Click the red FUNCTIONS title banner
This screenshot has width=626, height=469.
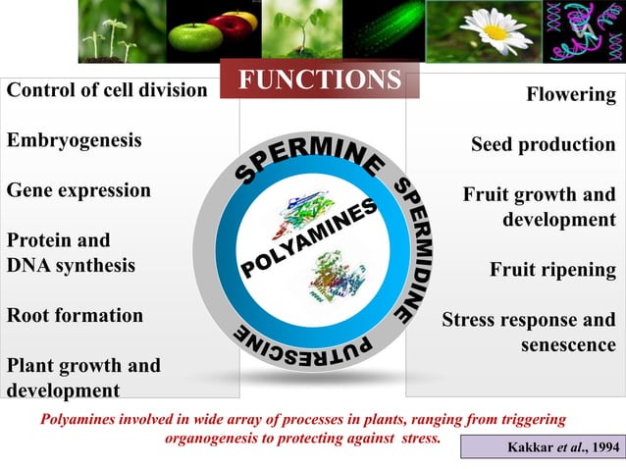[320, 80]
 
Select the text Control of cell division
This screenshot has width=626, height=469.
[107, 90]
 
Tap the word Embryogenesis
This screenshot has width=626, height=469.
[75, 140]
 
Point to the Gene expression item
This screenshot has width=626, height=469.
[79, 190]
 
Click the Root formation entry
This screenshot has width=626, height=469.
[76, 316]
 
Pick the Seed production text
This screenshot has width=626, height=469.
[543, 145]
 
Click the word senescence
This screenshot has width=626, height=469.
[567, 345]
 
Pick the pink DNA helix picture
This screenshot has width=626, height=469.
[583, 31]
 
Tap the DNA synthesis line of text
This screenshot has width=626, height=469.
[72, 265]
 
